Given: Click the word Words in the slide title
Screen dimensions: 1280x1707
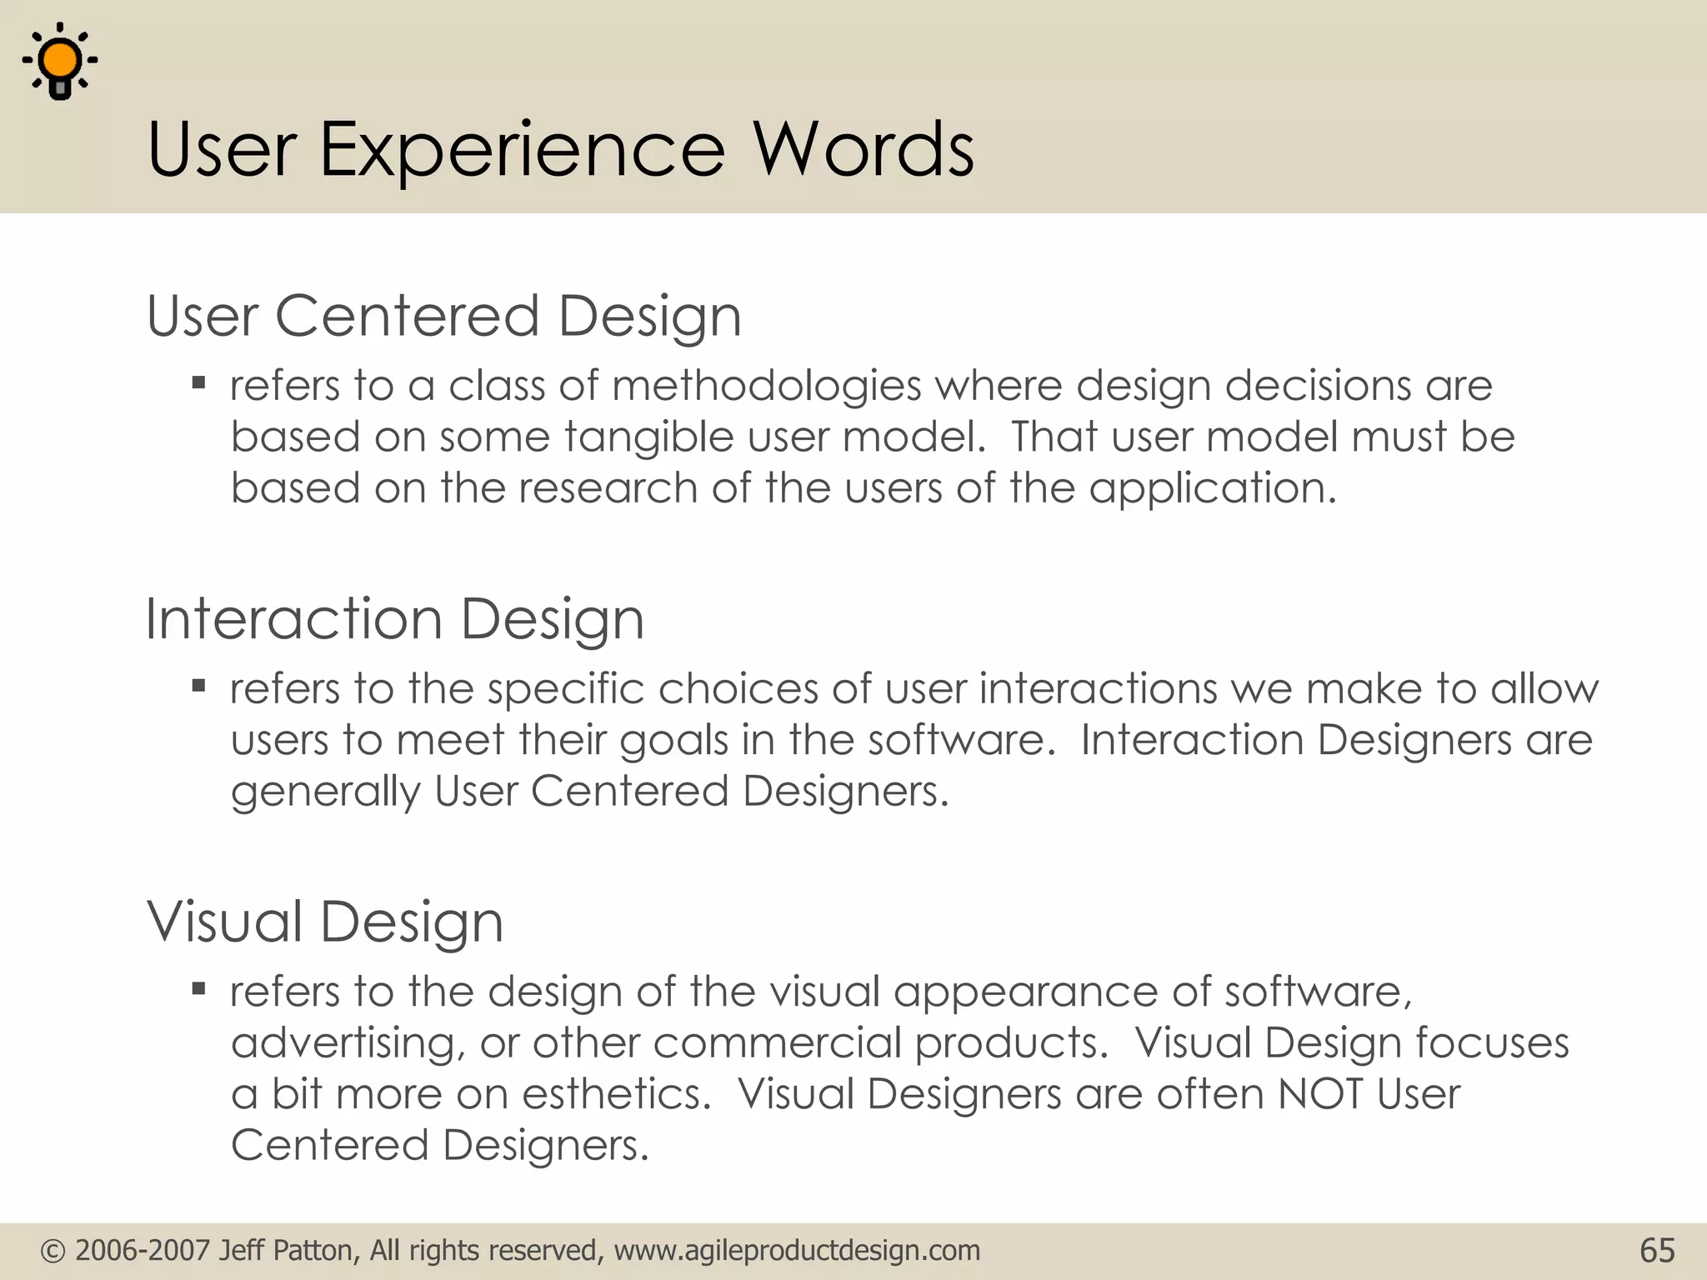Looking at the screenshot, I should [864, 150].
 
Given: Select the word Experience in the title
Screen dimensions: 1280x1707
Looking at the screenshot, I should [522, 150].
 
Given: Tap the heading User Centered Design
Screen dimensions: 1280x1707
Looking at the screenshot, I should [443, 317].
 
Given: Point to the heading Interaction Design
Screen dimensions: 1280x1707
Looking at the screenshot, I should [394, 619].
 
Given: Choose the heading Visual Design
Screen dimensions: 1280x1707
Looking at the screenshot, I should [325, 922].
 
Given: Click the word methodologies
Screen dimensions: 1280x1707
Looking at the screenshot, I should [766, 386].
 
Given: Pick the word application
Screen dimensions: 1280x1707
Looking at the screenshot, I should [1212, 489].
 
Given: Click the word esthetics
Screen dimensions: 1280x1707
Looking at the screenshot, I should [616, 1094].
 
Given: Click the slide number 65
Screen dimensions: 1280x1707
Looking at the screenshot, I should [1657, 1251].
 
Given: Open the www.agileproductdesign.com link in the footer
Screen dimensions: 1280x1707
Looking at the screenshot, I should [797, 1251].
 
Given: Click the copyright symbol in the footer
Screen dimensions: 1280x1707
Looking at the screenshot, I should [53, 1251].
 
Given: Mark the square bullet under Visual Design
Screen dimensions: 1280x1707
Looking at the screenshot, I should [198, 989].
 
